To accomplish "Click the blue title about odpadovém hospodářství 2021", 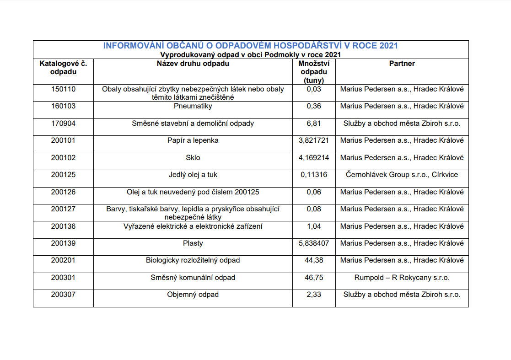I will [250, 46].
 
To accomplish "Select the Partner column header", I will [402, 64].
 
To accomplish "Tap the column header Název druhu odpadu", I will [193, 64].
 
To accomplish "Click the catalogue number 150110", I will [63, 89].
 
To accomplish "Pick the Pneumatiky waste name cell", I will [193, 106].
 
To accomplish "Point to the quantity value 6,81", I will [314, 124].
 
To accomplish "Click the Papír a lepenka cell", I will [193, 140].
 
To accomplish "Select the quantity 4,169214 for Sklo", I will [314, 158].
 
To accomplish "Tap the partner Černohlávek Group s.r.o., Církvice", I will [402, 175].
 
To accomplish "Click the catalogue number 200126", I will [63, 192].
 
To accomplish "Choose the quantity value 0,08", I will [314, 209].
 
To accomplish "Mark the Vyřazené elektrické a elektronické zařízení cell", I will [193, 226].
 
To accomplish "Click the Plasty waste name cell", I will [193, 243].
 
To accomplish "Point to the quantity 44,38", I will [314, 260].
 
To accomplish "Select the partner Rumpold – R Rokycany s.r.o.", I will [402, 278].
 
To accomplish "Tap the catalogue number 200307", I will [63, 295].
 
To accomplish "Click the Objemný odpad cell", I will [193, 295].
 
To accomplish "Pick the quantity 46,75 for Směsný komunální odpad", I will [314, 278].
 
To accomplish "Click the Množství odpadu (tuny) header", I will [314, 72].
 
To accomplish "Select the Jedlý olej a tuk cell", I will [193, 175].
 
